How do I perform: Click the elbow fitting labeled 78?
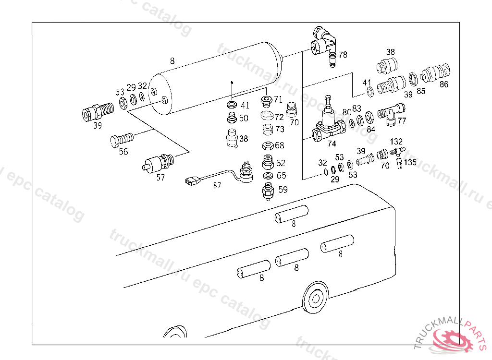point(324,45)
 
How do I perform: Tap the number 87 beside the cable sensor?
point(217,186)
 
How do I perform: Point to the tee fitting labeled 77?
point(391,114)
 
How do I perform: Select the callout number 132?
point(396,142)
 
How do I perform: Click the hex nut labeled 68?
point(268,146)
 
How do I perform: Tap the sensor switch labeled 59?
point(268,192)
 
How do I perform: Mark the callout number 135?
point(410,162)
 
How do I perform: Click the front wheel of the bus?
point(316,298)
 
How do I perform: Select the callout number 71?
point(278,100)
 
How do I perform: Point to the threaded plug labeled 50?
point(232,118)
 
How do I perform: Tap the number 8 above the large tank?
point(172,61)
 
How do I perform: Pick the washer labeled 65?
point(268,176)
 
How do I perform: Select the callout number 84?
point(371,130)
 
